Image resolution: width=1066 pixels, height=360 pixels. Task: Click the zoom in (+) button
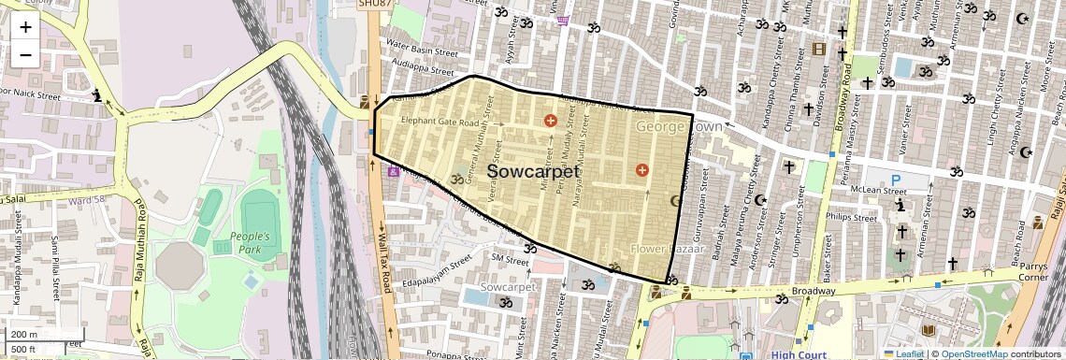click(x=25, y=26)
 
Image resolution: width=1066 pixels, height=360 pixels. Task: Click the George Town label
click(x=679, y=125)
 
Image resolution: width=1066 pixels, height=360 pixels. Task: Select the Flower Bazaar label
click(x=660, y=249)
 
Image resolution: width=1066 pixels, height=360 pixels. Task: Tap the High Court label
click(x=797, y=354)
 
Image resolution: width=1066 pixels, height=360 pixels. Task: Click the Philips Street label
click(x=851, y=217)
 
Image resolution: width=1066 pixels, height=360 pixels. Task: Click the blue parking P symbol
click(x=896, y=180)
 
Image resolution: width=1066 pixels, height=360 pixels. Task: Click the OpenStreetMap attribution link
click(x=974, y=353)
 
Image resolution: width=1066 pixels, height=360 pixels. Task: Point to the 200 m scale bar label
click(x=24, y=335)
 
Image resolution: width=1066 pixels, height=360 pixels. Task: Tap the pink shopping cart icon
click(x=562, y=20)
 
